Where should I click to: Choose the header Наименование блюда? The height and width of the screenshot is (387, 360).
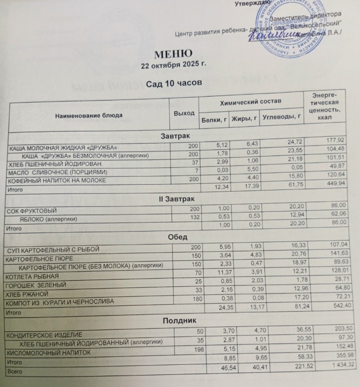coord(88,115)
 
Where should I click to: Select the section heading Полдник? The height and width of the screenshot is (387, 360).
coord(177,320)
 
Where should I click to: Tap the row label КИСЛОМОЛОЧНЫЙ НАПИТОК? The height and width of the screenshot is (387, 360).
coord(46,353)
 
